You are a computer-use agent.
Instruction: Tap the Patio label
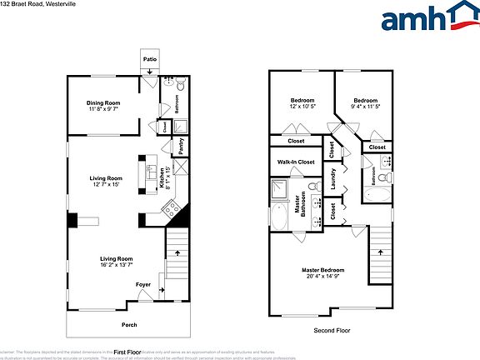(x=149, y=60)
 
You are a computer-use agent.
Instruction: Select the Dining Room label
(x=104, y=103)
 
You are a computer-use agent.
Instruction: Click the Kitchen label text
(x=162, y=178)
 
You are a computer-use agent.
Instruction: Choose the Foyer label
(x=143, y=284)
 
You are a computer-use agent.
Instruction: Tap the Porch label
(x=129, y=325)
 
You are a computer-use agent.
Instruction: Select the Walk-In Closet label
(x=295, y=162)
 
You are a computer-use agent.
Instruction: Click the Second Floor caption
(x=332, y=331)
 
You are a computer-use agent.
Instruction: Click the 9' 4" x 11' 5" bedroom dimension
(x=366, y=107)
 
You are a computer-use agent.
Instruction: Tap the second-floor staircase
(x=380, y=258)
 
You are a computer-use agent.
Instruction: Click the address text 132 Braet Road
(x=24, y=3)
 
